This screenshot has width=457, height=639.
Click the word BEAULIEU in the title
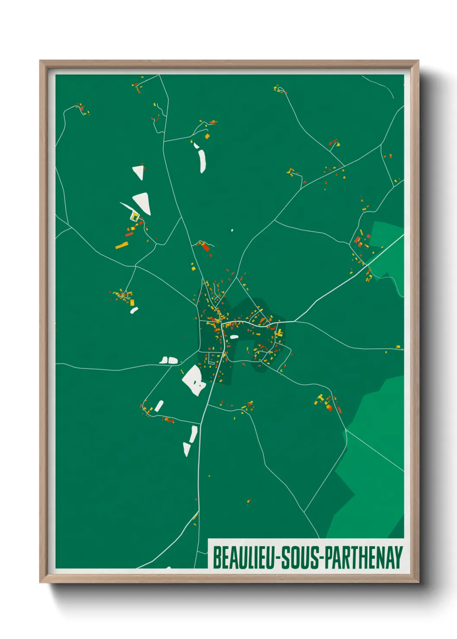(x=244, y=557)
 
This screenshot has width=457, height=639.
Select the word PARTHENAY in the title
(x=364, y=557)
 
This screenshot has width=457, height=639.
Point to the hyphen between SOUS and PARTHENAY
(x=321, y=558)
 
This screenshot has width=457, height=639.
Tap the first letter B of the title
(x=217, y=557)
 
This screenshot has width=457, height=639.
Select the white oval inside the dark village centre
(x=234, y=337)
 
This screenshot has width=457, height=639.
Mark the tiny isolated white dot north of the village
(x=232, y=230)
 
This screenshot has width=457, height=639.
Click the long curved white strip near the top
(x=202, y=161)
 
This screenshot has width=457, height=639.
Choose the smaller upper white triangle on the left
(x=139, y=171)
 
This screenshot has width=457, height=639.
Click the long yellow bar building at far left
(x=122, y=246)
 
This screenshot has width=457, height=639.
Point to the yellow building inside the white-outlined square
(x=134, y=217)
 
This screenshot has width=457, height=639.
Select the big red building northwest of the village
(x=206, y=247)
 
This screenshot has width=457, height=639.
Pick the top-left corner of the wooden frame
(x=40, y=61)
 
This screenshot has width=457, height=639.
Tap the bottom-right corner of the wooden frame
(x=418, y=582)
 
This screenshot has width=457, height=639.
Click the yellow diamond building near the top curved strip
(x=207, y=136)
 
